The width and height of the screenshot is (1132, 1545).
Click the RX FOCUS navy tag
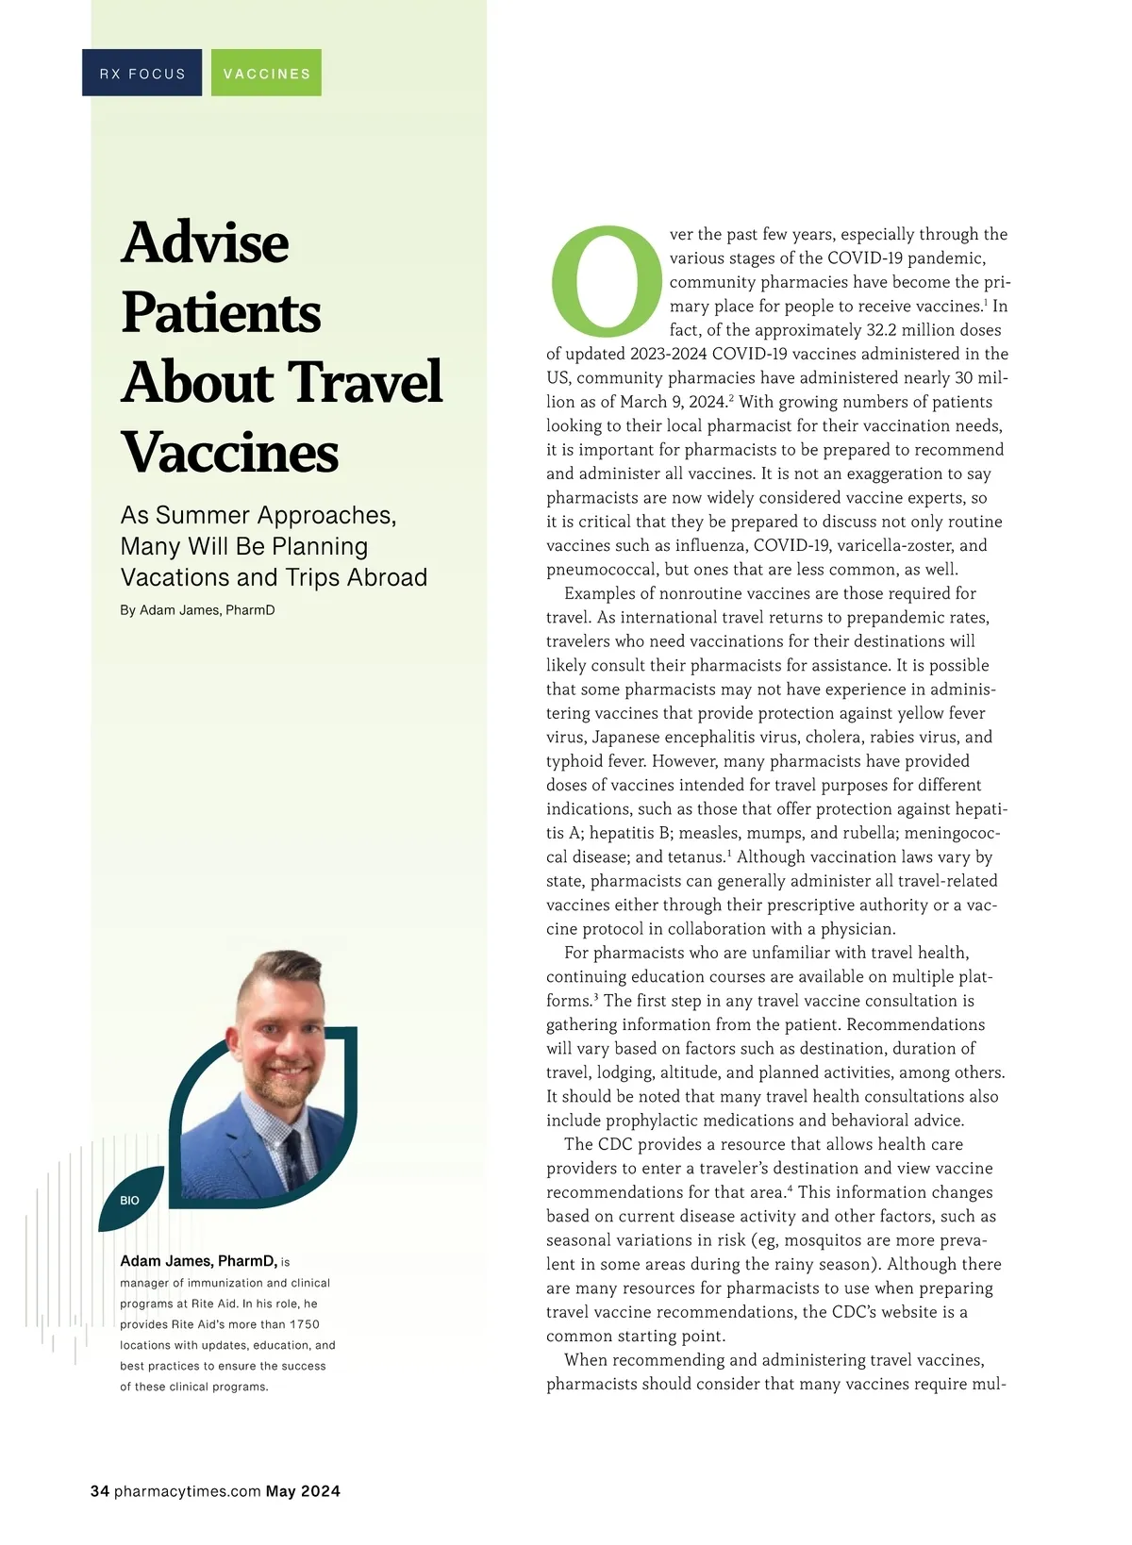tap(142, 74)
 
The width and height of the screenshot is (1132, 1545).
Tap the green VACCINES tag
tap(266, 74)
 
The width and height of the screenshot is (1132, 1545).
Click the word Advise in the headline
tap(206, 242)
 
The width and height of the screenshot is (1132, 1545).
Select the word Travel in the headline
tap(364, 382)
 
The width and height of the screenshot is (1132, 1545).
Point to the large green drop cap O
tap(606, 281)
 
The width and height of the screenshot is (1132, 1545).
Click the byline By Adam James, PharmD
tap(197, 610)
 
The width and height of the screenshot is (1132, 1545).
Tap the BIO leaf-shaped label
tap(130, 1200)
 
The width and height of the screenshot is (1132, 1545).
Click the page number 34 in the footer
tap(100, 1491)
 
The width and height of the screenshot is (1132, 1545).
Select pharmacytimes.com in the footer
tap(187, 1491)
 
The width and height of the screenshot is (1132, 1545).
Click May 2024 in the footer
tap(303, 1491)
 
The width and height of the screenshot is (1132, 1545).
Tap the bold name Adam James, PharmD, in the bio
tap(198, 1261)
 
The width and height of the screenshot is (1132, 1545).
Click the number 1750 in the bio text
tap(304, 1324)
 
